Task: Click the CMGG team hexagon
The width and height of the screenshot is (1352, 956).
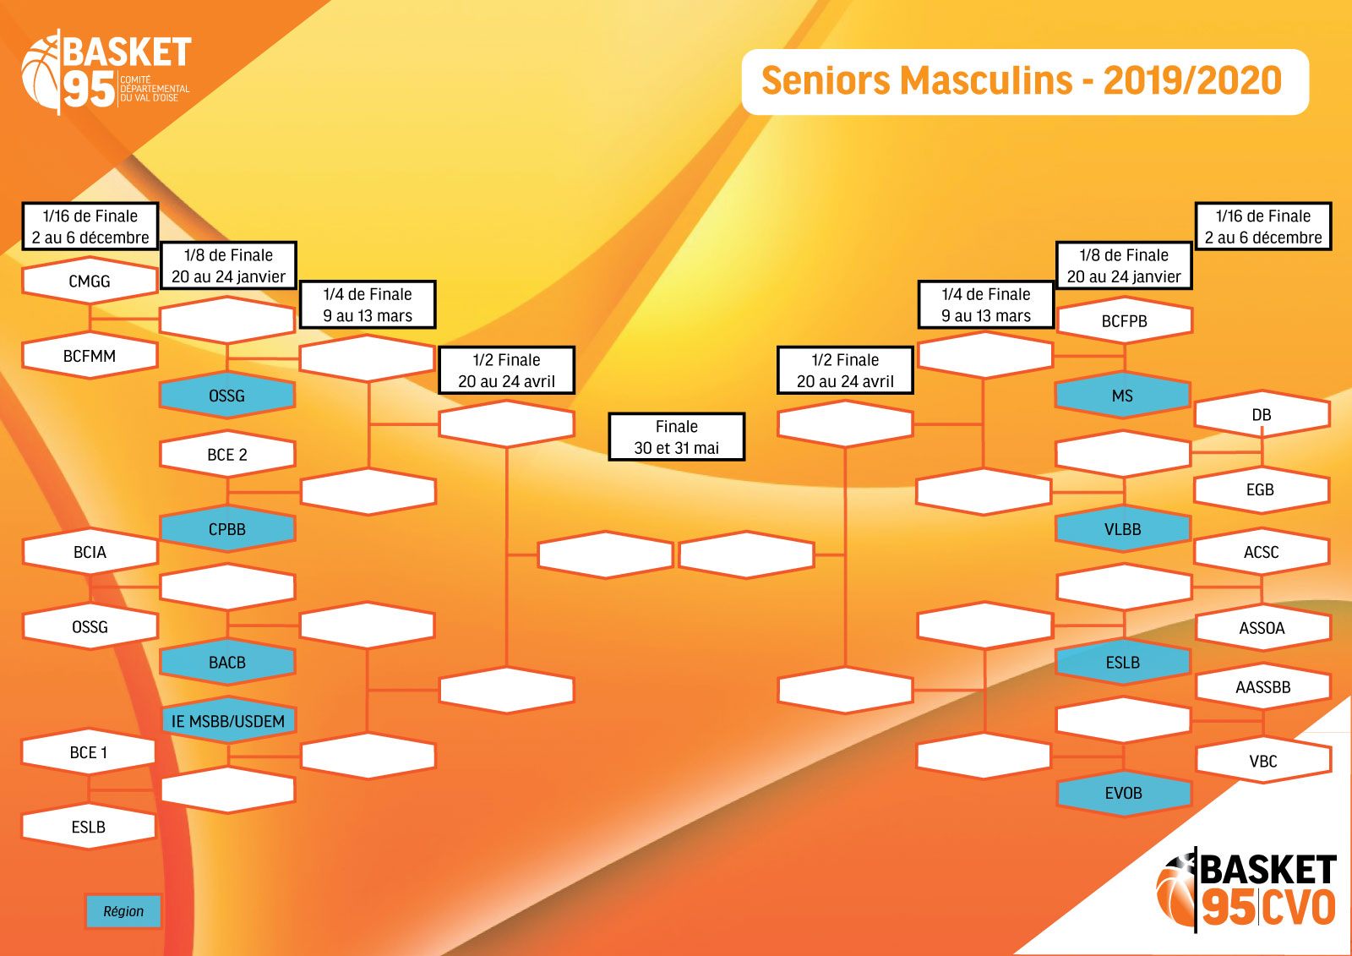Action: click(x=90, y=281)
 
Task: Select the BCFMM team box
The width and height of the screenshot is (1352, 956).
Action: click(x=90, y=356)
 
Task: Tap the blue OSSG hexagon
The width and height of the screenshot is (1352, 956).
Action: click(x=227, y=396)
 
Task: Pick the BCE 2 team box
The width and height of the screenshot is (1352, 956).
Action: click(x=227, y=454)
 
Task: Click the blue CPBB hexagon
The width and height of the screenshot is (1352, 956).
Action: click(x=227, y=529)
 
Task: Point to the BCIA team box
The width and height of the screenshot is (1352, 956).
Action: click(x=90, y=551)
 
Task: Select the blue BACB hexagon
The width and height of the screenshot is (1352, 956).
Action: click(x=227, y=662)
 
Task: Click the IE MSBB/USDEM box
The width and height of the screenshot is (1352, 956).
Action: click(x=228, y=720)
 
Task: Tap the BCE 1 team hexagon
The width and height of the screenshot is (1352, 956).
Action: click(x=89, y=752)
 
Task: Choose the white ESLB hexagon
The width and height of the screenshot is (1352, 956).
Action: click(x=89, y=826)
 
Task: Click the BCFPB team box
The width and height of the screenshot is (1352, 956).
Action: click(x=1125, y=320)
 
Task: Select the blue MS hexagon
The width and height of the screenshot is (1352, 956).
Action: click(x=1123, y=396)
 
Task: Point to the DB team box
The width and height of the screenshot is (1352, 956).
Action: click(x=1262, y=414)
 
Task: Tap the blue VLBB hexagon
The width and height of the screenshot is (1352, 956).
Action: click(x=1123, y=529)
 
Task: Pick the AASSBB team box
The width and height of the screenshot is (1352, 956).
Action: click(x=1263, y=686)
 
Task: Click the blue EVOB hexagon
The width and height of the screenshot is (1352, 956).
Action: click(x=1124, y=793)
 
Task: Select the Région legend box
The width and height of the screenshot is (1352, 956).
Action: click(x=123, y=910)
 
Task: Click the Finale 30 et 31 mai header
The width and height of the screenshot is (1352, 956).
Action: click(x=677, y=437)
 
